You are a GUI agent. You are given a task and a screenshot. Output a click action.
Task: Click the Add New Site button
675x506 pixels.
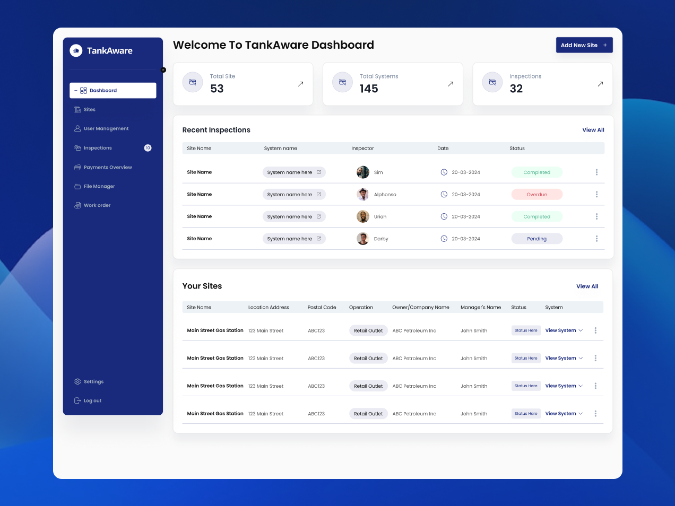(x=584, y=45)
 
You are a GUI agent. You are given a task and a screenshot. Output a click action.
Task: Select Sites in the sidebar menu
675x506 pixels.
(x=90, y=110)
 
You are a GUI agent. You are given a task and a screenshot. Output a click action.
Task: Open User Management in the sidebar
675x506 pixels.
(x=106, y=129)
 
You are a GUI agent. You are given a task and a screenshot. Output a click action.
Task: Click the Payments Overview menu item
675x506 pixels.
(x=108, y=168)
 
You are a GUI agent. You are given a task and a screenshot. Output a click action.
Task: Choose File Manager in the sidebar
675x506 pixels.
(x=99, y=187)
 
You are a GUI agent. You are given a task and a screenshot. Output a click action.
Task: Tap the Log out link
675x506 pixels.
(x=92, y=401)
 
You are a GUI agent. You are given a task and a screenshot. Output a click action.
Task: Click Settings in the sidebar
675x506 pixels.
(x=93, y=382)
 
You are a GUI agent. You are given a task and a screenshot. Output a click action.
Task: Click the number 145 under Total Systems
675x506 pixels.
(x=369, y=89)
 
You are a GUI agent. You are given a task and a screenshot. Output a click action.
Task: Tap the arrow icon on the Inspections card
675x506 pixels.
(x=600, y=84)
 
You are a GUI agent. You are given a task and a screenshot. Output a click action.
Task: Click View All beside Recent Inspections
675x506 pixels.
(x=593, y=130)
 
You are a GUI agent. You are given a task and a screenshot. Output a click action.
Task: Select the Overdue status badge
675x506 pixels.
(x=536, y=195)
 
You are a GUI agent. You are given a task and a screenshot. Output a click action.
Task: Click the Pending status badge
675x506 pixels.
(x=536, y=239)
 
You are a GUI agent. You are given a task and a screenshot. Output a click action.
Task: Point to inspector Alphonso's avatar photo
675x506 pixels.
(x=363, y=195)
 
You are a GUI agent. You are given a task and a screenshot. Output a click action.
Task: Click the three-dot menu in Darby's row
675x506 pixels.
(x=596, y=239)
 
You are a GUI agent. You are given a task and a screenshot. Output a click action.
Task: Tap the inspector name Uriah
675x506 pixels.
(x=380, y=217)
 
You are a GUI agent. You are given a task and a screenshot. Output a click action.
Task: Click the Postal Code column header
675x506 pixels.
(x=322, y=308)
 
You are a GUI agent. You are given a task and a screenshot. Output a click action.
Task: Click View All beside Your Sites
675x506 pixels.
(x=587, y=286)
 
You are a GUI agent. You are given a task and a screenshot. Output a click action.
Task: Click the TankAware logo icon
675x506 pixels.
(x=76, y=50)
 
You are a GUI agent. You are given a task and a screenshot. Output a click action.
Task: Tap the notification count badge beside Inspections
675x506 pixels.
(x=148, y=148)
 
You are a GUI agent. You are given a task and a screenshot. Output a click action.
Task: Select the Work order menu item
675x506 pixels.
(x=97, y=206)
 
